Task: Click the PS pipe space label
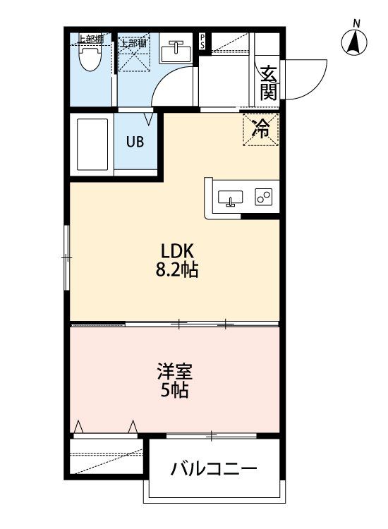203,39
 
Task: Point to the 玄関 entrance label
268,82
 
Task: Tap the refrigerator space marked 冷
261,129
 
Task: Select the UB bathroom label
135,140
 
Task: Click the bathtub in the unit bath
91,145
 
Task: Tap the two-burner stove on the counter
265,197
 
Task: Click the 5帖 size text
175,390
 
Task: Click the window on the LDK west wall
67,257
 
